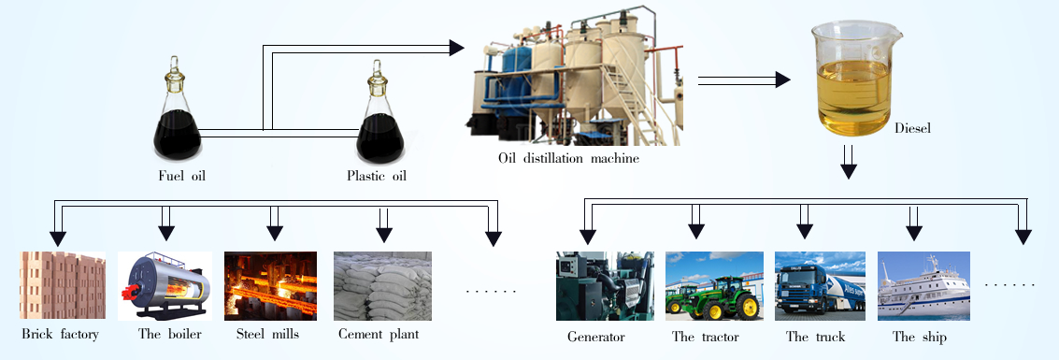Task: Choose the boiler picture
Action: (165, 286)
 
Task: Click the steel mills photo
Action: (270, 286)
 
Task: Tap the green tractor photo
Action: (714, 286)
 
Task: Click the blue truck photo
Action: (820, 286)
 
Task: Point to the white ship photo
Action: (923, 286)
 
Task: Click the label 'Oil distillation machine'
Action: (568, 159)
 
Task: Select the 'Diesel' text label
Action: (912, 128)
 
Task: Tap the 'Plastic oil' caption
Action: (377, 175)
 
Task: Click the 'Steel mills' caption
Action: (267, 334)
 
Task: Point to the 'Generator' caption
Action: (596, 337)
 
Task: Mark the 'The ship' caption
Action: (919, 337)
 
